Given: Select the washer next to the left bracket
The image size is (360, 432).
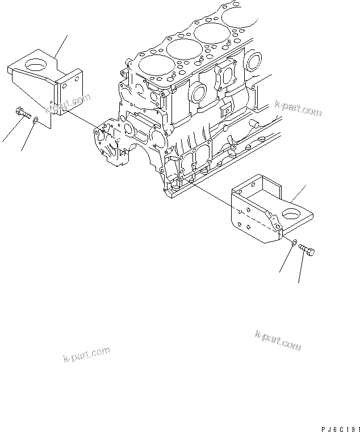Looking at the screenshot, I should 36,120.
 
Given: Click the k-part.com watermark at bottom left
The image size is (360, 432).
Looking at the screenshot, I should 86,355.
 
